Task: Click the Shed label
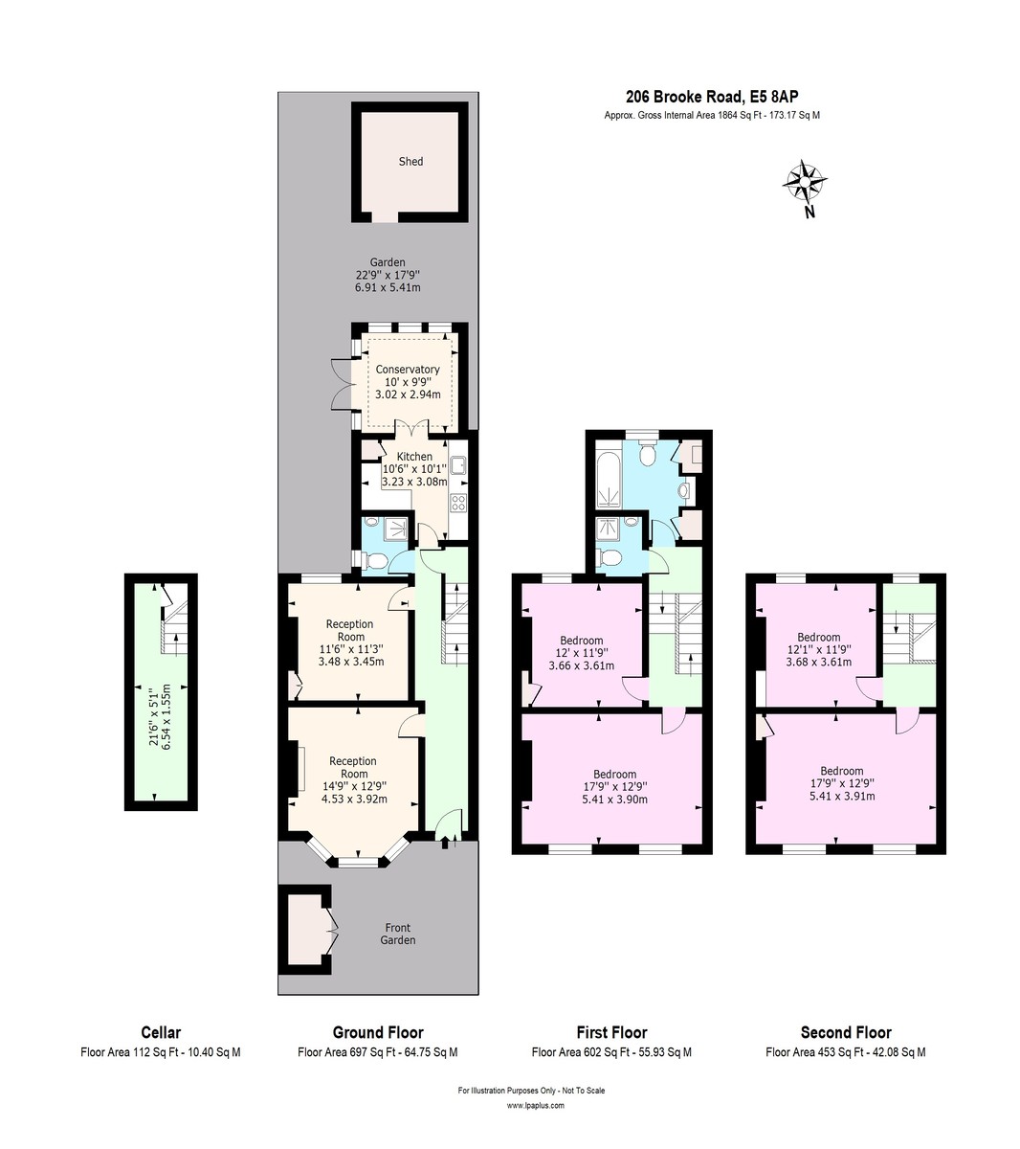coord(410,162)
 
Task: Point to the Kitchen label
coord(414,457)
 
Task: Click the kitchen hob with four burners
coord(458,503)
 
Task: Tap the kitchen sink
coord(458,465)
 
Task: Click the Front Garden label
coord(397,934)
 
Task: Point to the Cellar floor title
coord(161,1032)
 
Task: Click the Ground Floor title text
coord(378,1032)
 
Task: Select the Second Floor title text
coord(846,1032)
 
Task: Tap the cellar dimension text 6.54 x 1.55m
coord(166,718)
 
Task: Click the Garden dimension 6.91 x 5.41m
coord(388,287)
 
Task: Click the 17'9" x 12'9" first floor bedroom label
coord(615,787)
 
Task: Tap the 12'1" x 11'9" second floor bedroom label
coord(819,649)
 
